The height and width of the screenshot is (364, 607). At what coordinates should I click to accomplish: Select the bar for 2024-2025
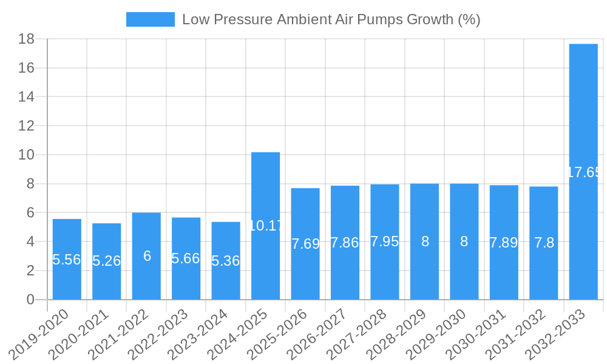click(x=265, y=226)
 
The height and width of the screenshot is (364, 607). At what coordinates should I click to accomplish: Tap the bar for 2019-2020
click(x=67, y=259)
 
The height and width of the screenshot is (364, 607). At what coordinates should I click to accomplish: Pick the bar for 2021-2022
click(x=146, y=256)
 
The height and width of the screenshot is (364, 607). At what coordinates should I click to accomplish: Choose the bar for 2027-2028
click(x=385, y=242)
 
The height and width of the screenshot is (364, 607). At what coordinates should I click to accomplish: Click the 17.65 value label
click(x=583, y=172)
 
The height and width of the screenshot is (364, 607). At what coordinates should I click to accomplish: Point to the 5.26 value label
click(x=106, y=261)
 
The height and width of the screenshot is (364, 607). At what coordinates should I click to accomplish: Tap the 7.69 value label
click(x=305, y=244)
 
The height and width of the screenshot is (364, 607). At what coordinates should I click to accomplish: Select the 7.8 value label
click(x=543, y=243)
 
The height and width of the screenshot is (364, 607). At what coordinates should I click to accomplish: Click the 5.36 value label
click(x=226, y=261)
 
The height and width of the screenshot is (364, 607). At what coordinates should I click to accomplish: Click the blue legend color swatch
click(x=150, y=19)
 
